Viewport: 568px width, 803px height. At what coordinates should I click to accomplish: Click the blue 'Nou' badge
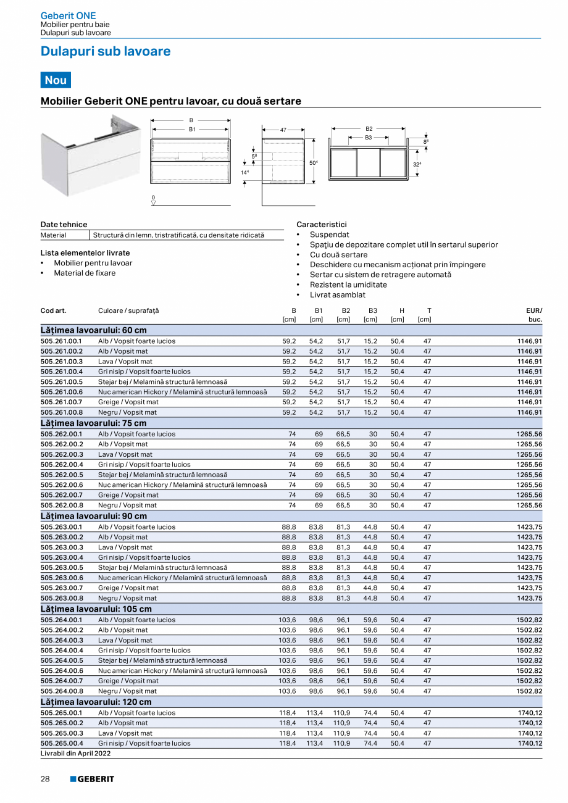[x=56, y=80]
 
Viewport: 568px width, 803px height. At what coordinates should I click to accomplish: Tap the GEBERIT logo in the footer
[x=92, y=779]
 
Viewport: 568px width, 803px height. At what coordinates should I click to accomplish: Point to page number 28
[x=45, y=779]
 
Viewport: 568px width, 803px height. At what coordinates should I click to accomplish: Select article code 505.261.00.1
[x=61, y=341]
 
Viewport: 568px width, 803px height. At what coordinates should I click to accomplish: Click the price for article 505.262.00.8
[x=529, y=505]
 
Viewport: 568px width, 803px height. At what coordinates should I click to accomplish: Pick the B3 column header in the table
[x=372, y=310]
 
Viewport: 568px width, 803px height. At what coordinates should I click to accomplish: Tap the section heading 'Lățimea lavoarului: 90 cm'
[x=94, y=516]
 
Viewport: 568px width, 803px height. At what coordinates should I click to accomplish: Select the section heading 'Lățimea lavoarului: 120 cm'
[x=96, y=702]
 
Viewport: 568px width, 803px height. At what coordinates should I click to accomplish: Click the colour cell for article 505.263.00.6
[x=182, y=578]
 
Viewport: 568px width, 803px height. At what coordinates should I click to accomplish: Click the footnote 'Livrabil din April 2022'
[x=75, y=754]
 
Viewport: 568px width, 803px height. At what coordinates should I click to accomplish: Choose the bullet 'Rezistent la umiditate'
[x=348, y=285]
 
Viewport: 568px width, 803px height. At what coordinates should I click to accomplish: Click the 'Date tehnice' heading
[x=64, y=224]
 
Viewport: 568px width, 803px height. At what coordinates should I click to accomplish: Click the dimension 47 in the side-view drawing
[x=283, y=130]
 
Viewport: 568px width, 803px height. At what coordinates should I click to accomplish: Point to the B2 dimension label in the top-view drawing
[x=369, y=129]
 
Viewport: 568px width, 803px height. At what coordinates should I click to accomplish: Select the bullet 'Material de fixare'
[x=85, y=273]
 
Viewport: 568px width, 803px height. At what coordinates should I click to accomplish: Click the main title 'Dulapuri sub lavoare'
[x=106, y=52]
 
